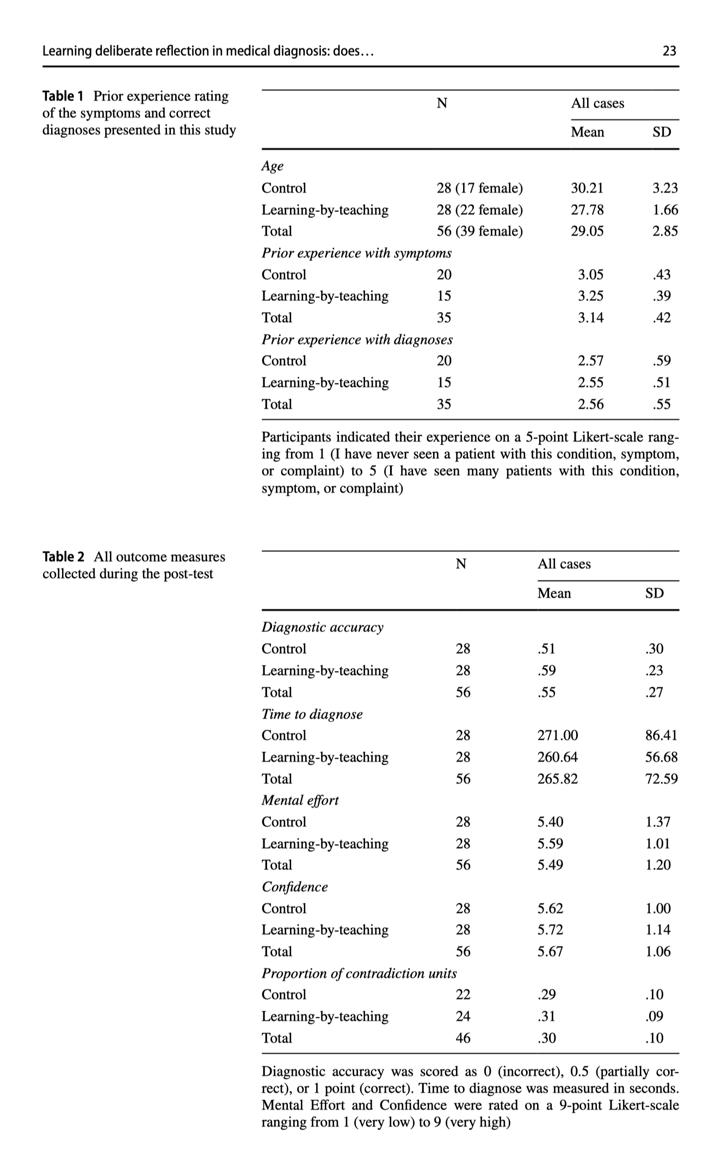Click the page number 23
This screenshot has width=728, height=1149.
669,51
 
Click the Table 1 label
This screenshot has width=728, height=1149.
63,96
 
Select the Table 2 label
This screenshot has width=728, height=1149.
63,557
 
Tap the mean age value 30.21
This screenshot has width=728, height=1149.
587,188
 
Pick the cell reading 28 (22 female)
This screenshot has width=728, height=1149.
479,210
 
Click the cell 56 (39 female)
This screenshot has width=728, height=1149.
479,231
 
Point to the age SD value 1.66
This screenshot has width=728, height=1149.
665,210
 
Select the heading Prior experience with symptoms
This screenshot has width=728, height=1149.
356,253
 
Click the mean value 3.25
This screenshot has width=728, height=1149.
590,296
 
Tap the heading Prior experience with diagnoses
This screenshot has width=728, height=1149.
357,339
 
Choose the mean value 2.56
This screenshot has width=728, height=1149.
590,404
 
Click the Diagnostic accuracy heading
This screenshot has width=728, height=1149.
322,627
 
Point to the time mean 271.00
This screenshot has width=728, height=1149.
558,735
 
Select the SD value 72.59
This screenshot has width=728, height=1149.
661,779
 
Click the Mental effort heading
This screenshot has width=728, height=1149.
300,800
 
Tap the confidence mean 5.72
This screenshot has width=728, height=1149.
550,930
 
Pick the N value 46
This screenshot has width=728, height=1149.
463,1038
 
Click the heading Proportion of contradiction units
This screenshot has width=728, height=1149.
359,973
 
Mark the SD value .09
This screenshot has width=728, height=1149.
654,1016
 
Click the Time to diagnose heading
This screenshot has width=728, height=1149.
312,714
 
